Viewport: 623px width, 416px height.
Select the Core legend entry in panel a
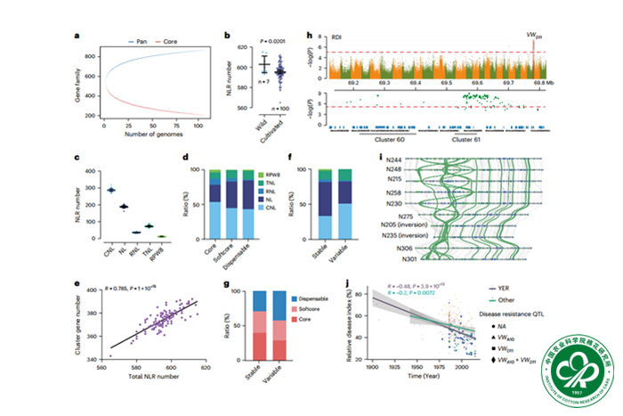(178, 41)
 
